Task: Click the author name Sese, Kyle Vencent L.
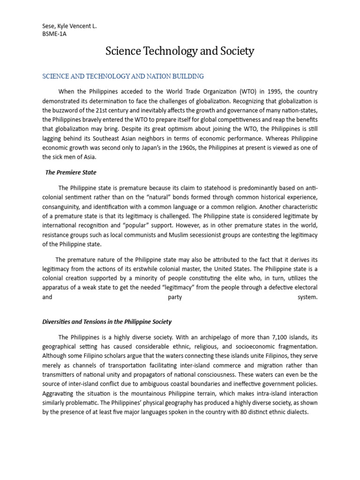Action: [69, 26]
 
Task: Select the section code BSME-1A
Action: [54, 34]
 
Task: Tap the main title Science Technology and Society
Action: [180, 51]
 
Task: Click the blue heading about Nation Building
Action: [123, 76]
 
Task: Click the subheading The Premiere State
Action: [70, 172]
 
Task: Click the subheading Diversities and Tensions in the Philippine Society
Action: [107, 322]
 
